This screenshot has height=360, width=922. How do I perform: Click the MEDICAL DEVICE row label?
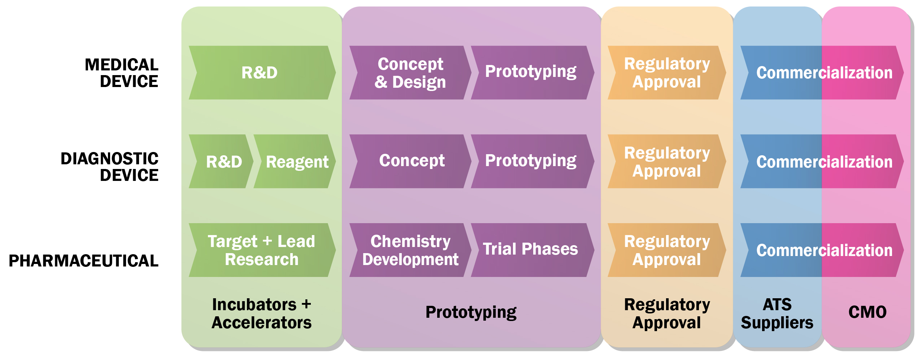(122, 73)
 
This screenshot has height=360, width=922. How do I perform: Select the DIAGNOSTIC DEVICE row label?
(110, 167)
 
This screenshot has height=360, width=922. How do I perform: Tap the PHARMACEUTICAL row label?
(83, 261)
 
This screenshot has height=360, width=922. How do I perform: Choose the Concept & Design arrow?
(410, 73)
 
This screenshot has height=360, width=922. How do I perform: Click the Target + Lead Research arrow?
(261, 250)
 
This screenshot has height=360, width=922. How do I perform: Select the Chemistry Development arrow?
(410, 250)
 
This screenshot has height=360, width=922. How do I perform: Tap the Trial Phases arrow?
(531, 250)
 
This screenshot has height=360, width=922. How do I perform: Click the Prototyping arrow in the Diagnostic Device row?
(531, 161)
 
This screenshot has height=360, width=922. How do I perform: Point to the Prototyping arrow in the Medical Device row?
(531, 72)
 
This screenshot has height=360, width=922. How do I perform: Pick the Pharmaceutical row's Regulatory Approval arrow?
(666, 250)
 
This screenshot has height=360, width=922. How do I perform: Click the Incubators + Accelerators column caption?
(261, 313)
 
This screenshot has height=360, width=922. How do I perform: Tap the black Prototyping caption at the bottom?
(471, 312)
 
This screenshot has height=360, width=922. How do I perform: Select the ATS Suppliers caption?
(777, 313)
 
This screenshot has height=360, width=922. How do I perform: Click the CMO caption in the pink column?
(867, 312)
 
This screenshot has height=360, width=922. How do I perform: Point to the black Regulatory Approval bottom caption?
(666, 313)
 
